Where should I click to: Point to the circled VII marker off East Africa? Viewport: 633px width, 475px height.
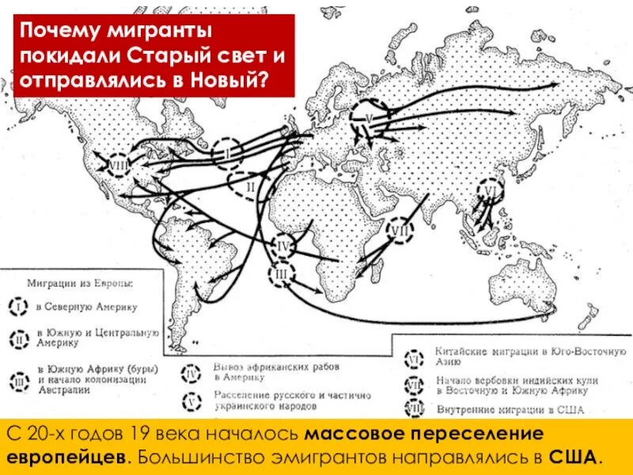(402, 230)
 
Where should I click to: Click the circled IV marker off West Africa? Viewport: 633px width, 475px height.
(283, 248)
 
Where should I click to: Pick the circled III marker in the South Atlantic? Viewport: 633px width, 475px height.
(282, 275)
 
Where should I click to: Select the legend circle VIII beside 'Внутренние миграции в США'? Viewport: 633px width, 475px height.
(413, 409)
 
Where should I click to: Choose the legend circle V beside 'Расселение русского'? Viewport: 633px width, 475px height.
(193, 401)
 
